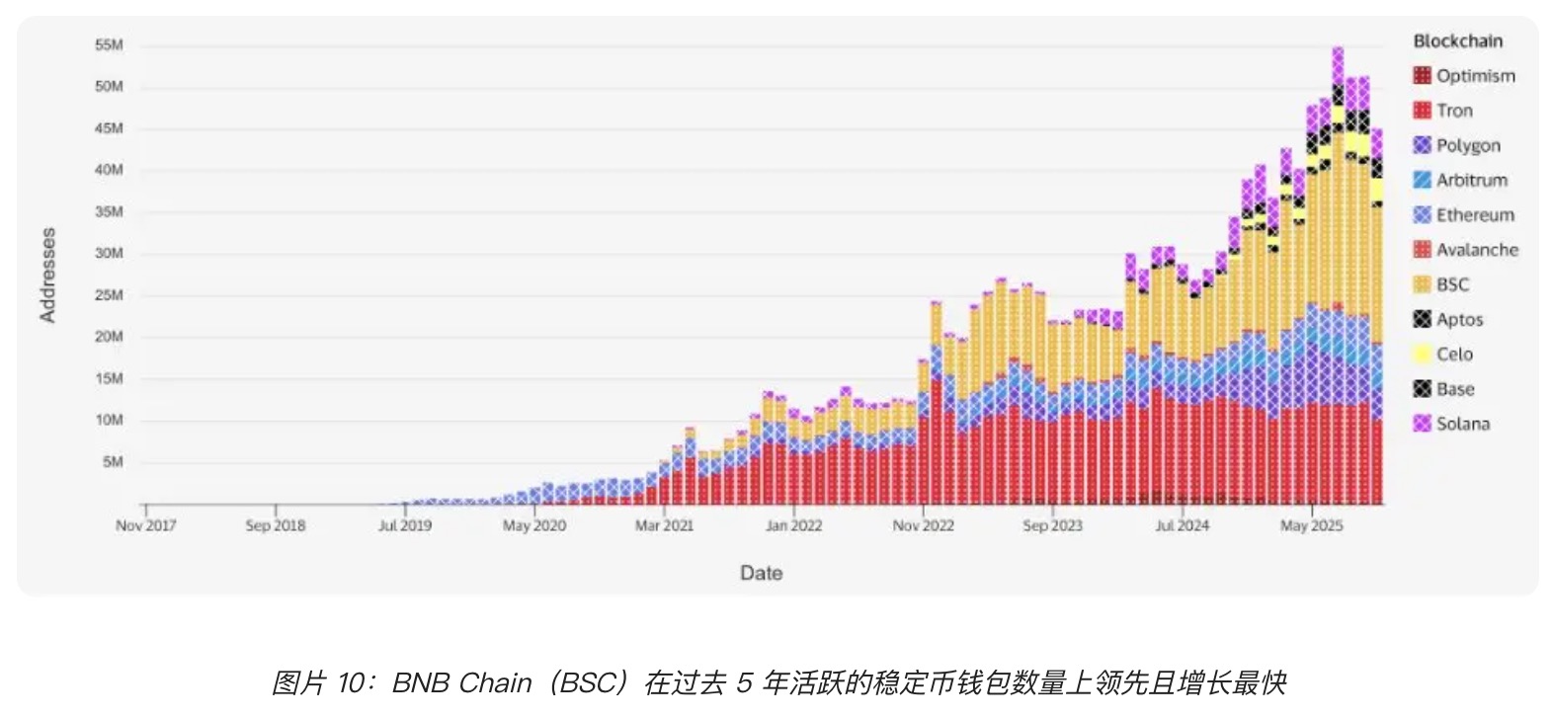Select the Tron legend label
1453,111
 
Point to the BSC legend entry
1451,284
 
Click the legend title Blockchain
1457,41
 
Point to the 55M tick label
109,45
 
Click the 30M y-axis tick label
109,253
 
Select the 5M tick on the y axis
113,461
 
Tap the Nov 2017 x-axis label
145,525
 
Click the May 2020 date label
534,525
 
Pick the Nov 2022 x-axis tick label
923,525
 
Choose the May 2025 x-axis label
1311,525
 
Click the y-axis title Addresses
47,275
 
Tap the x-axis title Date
761,573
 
